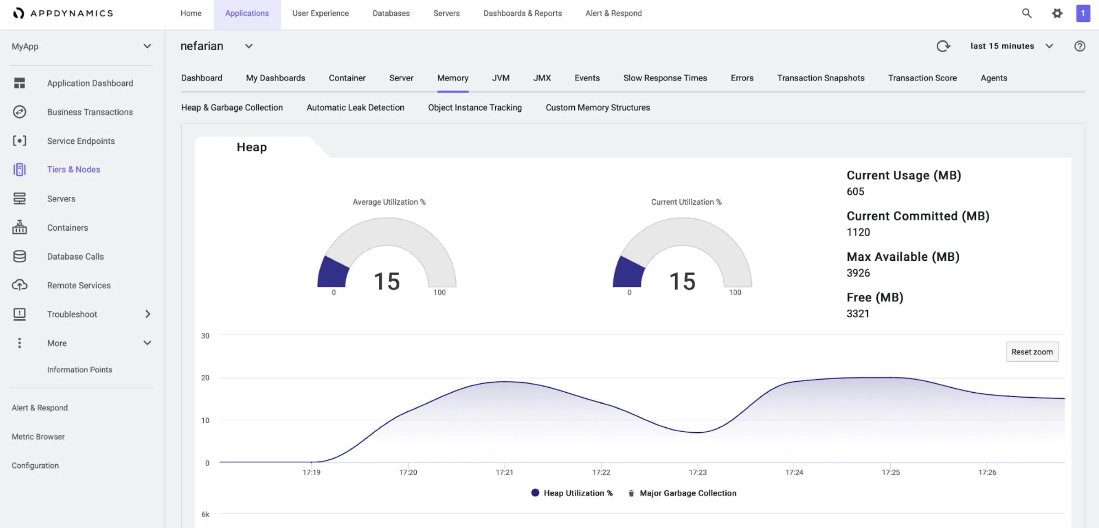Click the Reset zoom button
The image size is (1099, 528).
(x=1031, y=351)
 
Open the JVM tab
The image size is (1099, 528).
(x=500, y=78)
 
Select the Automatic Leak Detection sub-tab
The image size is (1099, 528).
(x=355, y=108)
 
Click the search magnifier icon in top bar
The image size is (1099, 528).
(x=1026, y=13)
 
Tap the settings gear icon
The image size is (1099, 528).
(x=1056, y=13)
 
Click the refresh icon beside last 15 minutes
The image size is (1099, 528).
(x=943, y=46)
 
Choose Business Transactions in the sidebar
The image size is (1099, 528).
(x=90, y=112)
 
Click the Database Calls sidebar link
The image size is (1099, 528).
(x=75, y=257)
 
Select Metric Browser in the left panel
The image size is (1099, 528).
(x=38, y=437)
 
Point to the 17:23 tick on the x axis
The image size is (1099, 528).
(x=697, y=472)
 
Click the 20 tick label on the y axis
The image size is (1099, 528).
(x=205, y=377)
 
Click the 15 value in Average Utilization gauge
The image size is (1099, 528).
(x=387, y=281)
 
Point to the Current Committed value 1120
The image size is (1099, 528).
(x=858, y=232)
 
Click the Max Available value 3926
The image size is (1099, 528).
(x=858, y=273)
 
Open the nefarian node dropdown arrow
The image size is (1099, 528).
(x=248, y=46)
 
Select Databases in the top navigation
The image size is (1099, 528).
(x=391, y=13)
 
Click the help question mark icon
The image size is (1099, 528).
(x=1080, y=46)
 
